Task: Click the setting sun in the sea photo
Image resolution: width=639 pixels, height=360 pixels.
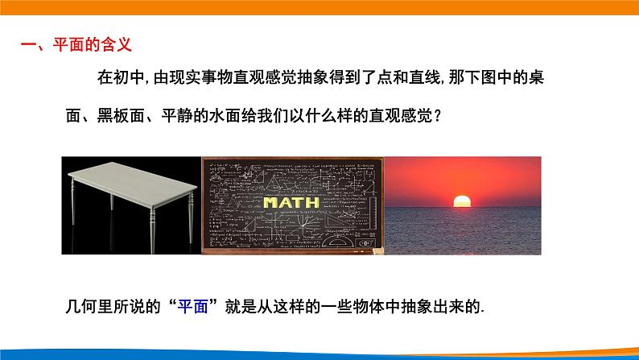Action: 461,201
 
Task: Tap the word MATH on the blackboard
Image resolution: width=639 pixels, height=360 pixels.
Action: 291,201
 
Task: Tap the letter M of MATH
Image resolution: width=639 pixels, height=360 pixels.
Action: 269,201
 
